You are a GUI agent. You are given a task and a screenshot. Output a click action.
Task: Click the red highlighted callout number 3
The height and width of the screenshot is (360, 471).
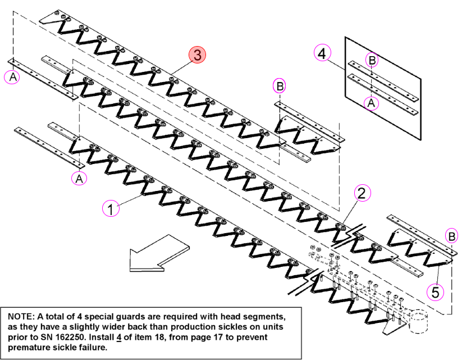197,55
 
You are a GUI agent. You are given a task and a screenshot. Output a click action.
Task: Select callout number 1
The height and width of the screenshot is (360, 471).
111,208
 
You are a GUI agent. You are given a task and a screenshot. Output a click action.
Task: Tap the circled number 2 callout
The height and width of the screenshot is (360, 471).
362,193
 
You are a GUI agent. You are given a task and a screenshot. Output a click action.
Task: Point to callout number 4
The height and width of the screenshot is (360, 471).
322,53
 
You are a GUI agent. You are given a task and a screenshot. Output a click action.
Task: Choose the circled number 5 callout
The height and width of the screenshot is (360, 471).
435,292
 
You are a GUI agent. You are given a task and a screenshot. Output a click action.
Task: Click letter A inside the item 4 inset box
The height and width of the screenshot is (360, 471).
371,103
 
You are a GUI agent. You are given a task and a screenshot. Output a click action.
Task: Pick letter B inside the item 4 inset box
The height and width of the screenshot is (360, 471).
372,60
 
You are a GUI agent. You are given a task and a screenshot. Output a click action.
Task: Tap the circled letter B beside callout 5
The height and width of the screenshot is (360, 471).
451,236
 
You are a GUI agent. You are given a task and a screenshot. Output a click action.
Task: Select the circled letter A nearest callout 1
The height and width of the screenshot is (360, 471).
79,179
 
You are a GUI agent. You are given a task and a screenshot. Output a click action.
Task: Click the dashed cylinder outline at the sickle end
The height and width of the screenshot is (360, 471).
418,322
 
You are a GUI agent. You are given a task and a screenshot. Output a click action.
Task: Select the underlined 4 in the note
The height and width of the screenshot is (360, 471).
119,338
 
